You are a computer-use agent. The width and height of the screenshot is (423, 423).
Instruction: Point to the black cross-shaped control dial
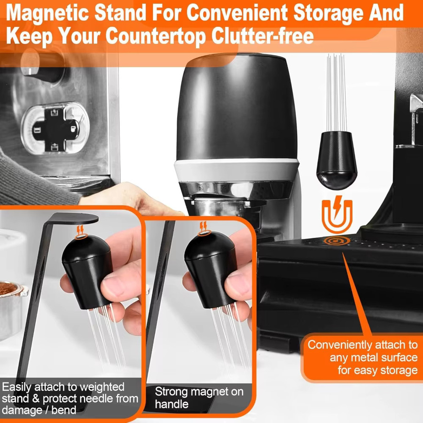(55, 128)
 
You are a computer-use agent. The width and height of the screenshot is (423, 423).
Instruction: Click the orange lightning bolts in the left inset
(80, 230)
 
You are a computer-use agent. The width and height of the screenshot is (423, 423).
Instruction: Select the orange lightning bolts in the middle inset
(203, 226)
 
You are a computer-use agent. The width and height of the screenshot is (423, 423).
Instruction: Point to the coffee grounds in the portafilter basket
(8, 288)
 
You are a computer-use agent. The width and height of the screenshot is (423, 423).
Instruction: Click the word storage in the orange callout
(400, 370)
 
